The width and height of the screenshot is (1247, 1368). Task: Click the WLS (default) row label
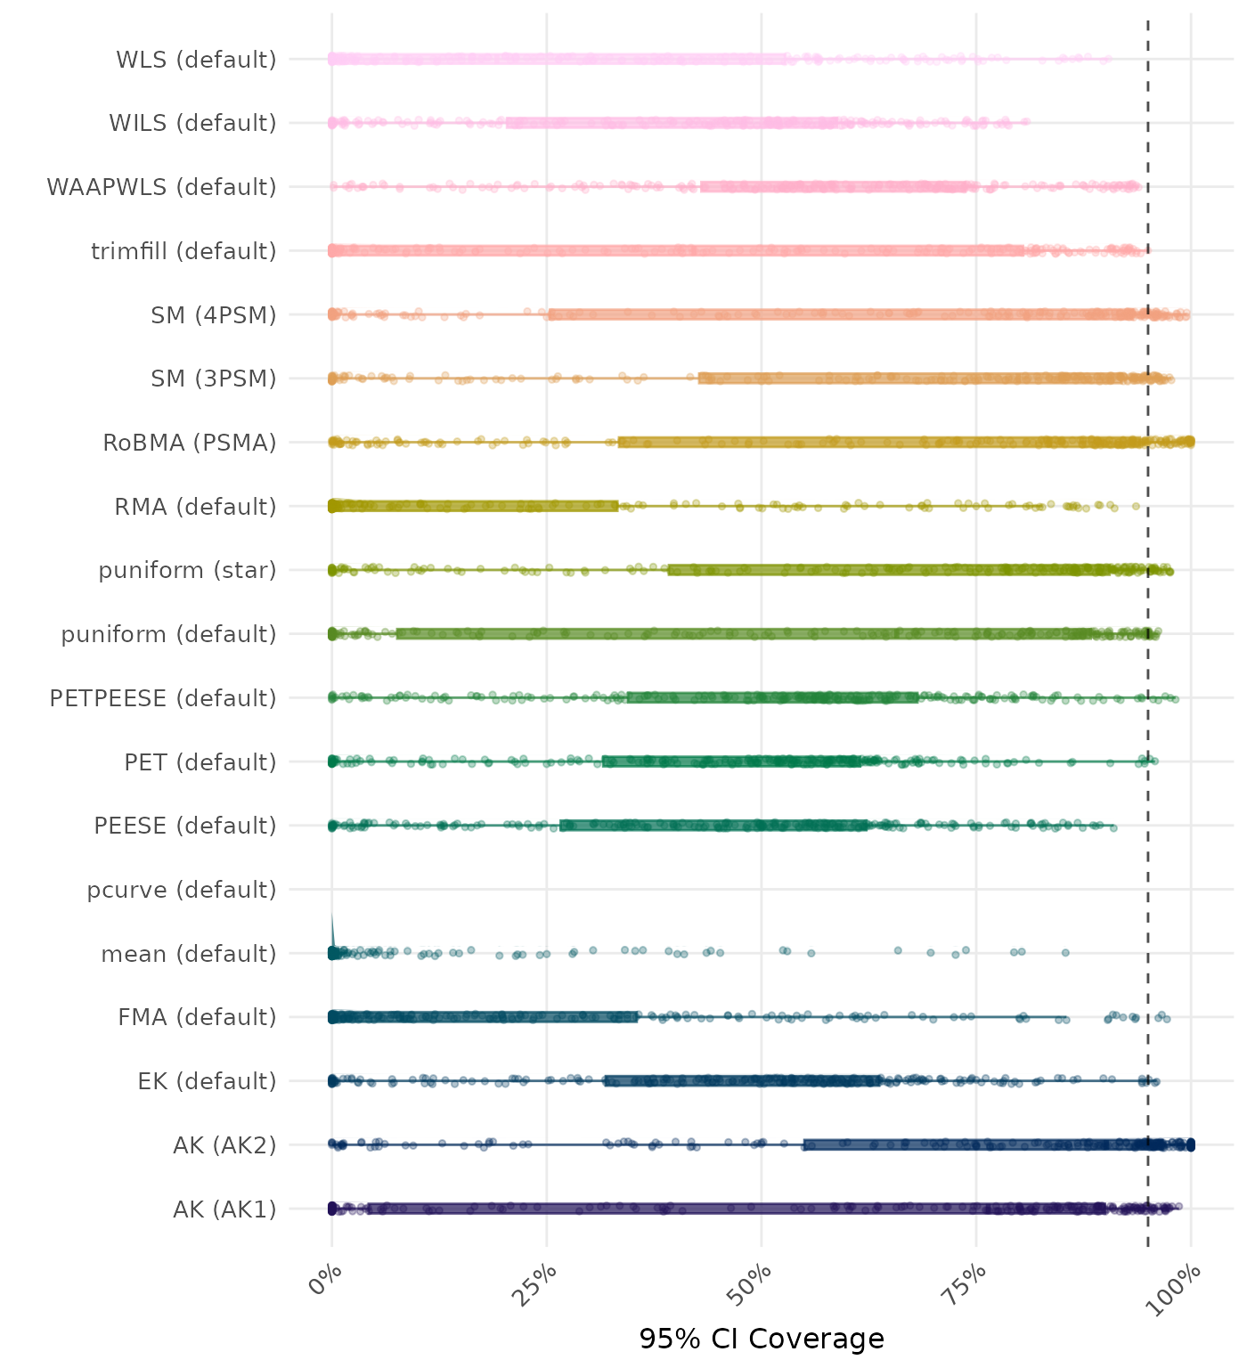tap(196, 60)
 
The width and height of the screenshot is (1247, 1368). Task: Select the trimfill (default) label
tap(183, 251)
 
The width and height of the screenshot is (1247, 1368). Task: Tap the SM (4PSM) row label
tap(214, 315)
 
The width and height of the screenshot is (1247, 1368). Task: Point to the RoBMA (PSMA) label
tap(190, 443)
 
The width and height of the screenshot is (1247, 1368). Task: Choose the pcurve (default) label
tap(182, 890)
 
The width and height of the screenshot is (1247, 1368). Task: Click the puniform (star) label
tap(187, 570)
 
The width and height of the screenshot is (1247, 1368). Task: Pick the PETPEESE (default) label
tap(163, 698)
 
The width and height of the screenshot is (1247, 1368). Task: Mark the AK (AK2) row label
tap(224, 1144)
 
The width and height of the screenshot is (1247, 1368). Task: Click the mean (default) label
tap(189, 954)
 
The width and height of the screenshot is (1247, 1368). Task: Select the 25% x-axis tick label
tap(538, 1282)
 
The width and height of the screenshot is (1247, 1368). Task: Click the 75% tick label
tap(967, 1282)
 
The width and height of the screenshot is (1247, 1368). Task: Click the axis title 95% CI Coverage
tap(762, 1339)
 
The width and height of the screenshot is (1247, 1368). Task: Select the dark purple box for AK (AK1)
tap(736, 1209)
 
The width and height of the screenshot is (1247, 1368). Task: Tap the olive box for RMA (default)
tap(474, 506)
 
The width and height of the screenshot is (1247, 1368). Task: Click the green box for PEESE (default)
tap(713, 826)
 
